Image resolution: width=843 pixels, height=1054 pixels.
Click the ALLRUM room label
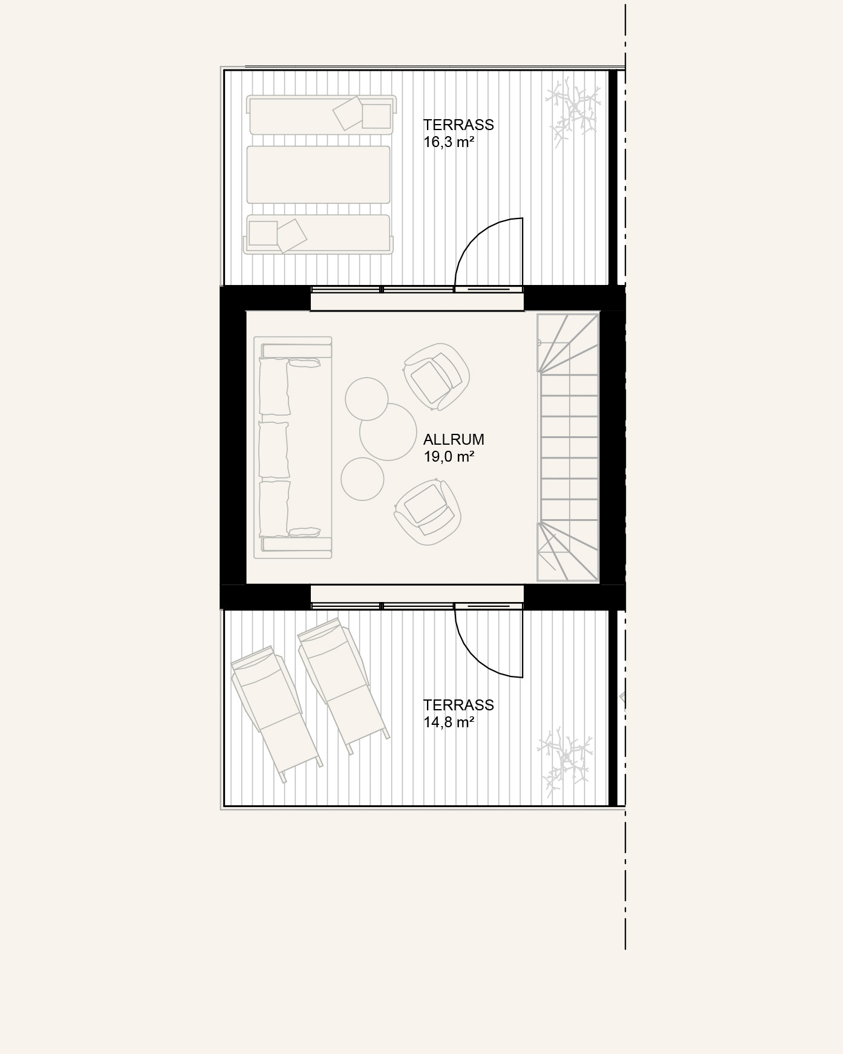point(454,439)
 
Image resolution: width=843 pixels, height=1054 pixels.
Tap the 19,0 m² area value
point(449,457)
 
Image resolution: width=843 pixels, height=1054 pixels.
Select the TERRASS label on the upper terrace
point(458,125)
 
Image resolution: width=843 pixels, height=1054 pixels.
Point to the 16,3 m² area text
point(448,142)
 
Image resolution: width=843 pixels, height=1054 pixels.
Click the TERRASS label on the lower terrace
point(458,705)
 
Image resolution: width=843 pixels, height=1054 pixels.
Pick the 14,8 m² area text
point(448,722)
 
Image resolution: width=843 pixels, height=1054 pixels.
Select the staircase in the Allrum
point(568,447)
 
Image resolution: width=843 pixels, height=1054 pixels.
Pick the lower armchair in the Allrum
point(427,511)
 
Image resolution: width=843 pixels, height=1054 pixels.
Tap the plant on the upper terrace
point(573,111)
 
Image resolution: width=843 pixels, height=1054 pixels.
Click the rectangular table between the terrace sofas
point(318,174)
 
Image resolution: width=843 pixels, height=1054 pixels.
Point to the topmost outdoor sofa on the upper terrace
point(321,114)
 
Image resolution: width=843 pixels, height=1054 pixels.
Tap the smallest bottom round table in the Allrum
point(362,479)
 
